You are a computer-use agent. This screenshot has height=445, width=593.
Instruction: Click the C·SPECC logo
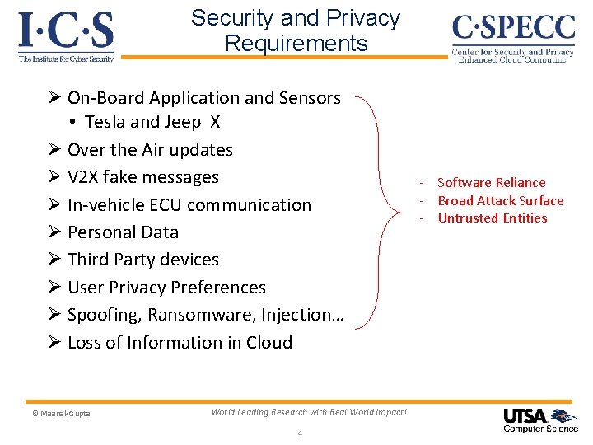coord(512,37)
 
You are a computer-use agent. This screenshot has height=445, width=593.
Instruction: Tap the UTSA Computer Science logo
coord(540,419)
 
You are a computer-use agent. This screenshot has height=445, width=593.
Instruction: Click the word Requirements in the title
coord(296,43)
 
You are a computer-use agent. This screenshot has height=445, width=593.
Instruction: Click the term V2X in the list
coord(86,177)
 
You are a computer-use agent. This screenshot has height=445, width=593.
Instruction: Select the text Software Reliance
coord(491,183)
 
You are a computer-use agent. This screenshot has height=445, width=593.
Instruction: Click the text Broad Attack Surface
coord(500,201)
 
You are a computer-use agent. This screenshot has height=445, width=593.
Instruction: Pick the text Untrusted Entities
coord(492,218)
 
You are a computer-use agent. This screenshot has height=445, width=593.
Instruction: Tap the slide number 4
coord(300,434)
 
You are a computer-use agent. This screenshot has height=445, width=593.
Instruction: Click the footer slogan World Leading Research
coord(308,412)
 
